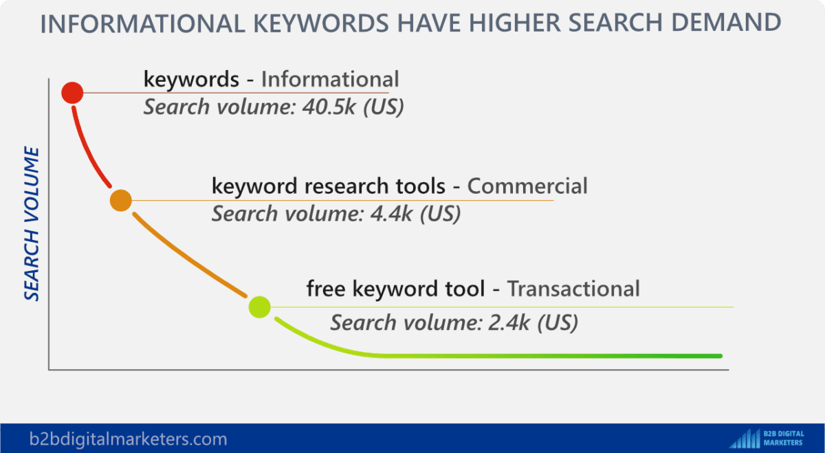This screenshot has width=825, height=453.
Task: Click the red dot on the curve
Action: pyautogui.click(x=72, y=92)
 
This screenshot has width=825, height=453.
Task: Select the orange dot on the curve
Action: pyautogui.click(x=120, y=200)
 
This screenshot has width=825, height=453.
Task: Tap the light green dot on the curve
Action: pyautogui.click(x=259, y=307)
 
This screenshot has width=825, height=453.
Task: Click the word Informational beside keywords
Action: pyautogui.click(x=329, y=79)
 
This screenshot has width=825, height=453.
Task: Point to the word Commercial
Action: pyautogui.click(x=527, y=186)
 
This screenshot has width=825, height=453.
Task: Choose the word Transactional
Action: pyautogui.click(x=573, y=289)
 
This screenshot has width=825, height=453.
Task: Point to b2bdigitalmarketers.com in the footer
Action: pyautogui.click(x=128, y=439)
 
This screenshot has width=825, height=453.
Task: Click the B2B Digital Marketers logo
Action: pyautogui.click(x=770, y=438)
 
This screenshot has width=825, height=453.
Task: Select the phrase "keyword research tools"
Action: pyautogui.click(x=329, y=186)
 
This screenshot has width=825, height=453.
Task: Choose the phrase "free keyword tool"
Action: pyautogui.click(x=395, y=289)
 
